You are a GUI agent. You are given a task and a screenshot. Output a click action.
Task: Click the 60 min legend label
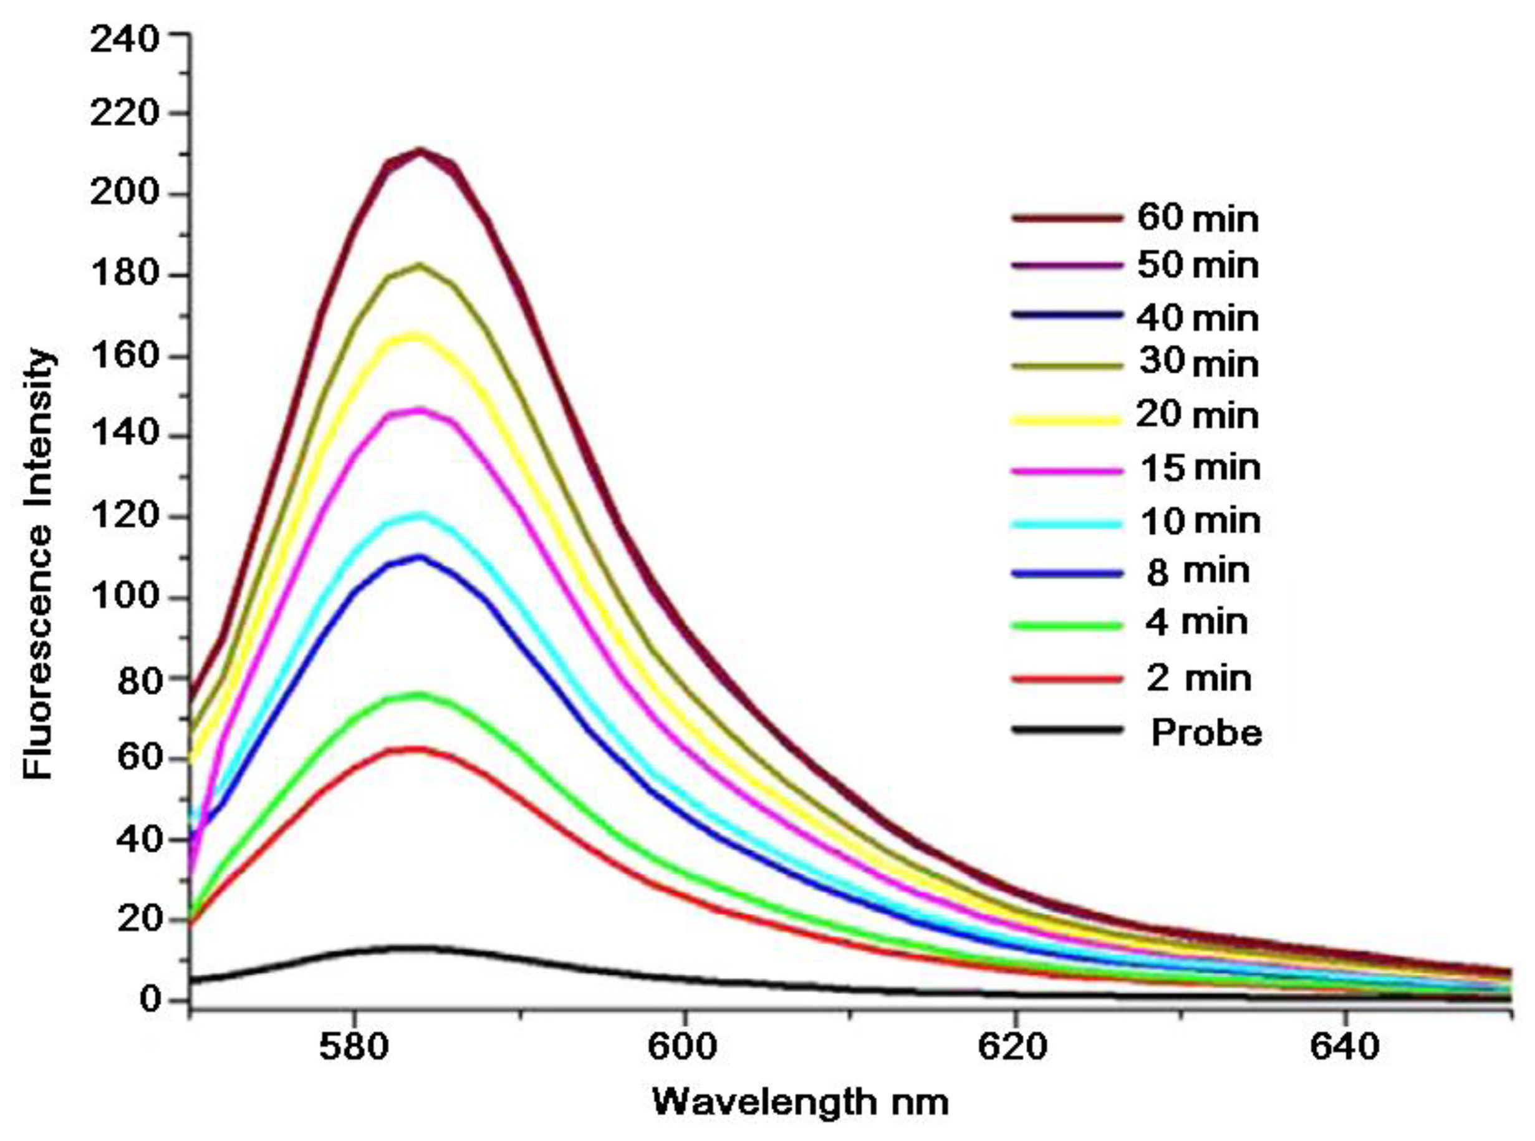(1198, 219)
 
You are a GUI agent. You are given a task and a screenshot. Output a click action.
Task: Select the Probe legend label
(1206, 732)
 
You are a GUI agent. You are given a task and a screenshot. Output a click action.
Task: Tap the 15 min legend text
(1199, 469)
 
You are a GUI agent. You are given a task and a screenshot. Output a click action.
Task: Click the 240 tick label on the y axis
(124, 40)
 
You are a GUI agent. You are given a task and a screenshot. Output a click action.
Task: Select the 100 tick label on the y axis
(124, 598)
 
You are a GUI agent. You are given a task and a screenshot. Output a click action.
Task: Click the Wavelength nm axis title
(801, 1103)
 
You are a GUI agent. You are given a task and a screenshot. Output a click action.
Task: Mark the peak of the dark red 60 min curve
(420, 150)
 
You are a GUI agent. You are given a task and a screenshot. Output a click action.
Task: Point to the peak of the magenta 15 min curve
(418, 410)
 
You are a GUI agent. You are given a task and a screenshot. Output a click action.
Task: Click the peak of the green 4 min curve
(418, 695)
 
